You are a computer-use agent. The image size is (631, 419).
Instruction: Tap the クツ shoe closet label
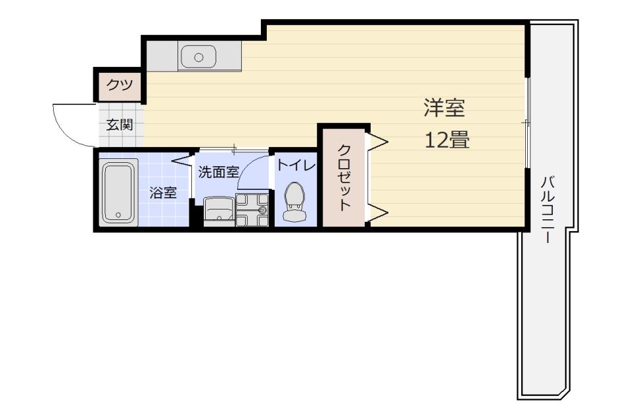[120, 85]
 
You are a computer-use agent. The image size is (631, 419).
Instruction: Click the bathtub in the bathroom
[119, 192]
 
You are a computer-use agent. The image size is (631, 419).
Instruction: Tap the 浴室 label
[162, 193]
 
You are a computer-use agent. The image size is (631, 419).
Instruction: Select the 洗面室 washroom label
[218, 172]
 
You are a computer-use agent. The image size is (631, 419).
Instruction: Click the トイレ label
[295, 165]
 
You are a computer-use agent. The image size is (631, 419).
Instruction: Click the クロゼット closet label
[344, 177]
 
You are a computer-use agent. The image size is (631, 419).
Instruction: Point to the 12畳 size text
[447, 141]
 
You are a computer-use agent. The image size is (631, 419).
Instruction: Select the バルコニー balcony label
[547, 209]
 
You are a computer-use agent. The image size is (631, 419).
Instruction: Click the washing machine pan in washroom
[252, 209]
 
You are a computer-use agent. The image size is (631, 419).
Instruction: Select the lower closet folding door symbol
[377, 211]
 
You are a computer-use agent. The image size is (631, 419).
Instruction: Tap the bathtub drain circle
[118, 215]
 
